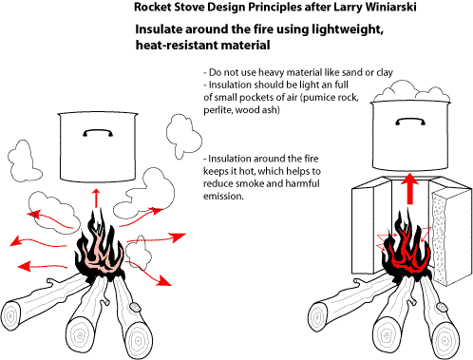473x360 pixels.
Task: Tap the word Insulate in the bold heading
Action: (159, 29)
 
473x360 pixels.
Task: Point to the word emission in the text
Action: (223, 196)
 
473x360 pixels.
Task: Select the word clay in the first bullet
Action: (385, 72)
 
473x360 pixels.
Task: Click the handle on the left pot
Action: (98, 133)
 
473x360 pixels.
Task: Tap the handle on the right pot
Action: (410, 122)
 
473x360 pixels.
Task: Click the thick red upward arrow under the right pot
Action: (410, 188)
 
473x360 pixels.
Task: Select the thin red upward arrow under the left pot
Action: (96, 198)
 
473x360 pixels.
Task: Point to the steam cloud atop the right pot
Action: (411, 91)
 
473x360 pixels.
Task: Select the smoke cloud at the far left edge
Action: (23, 161)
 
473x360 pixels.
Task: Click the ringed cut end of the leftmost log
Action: (12, 317)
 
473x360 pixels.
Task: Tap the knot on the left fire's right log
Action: (135, 307)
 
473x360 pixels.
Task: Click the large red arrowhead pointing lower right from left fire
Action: (164, 280)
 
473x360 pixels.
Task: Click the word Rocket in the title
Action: (153, 7)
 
